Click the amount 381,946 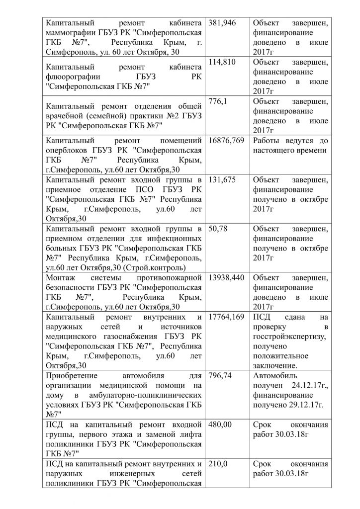tap(222, 23)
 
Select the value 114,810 tap(222, 62)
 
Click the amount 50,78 tap(218, 229)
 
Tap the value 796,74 tap(220, 375)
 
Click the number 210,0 tap(218, 464)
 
